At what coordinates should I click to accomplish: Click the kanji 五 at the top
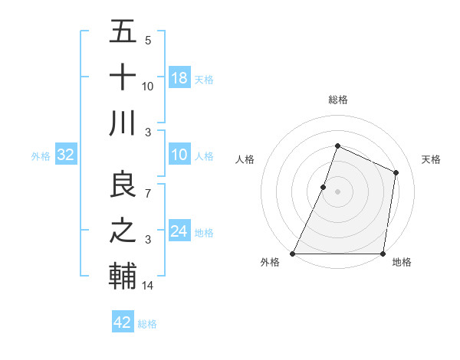[x=123, y=33]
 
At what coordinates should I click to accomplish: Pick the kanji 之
[x=123, y=231]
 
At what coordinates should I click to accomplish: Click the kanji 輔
[x=123, y=275]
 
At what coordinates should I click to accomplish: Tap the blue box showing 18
[x=179, y=77]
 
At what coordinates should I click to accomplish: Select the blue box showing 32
[x=66, y=155]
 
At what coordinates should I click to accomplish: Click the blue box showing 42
[x=123, y=322]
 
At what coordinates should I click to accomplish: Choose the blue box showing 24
[x=179, y=231]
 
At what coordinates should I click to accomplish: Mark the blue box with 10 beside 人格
[x=179, y=155]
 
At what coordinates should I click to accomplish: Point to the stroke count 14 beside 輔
[x=148, y=286]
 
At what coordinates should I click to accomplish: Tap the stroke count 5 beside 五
[x=148, y=41]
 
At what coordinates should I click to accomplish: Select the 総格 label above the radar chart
[x=337, y=100]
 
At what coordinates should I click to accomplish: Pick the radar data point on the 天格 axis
[x=396, y=172]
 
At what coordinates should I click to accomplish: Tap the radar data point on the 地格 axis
[x=383, y=254]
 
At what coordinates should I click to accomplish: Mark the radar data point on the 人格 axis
[x=324, y=187]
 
